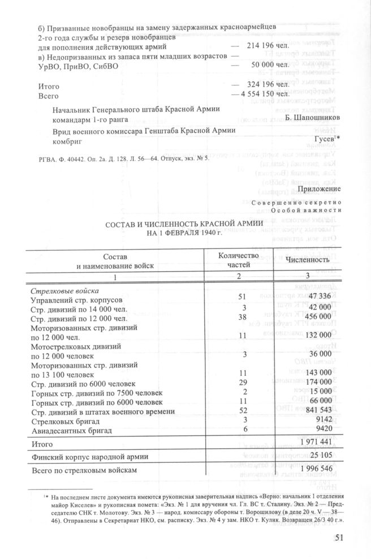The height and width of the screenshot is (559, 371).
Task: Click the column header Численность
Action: (307, 260)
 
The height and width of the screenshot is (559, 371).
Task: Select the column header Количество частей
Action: (238, 260)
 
